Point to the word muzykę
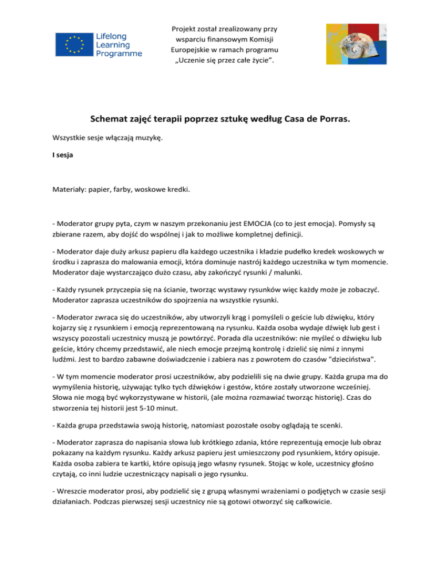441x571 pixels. (146, 138)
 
